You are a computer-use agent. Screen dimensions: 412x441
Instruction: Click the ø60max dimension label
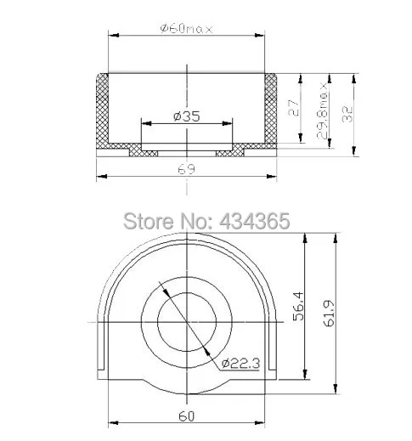click(x=186, y=29)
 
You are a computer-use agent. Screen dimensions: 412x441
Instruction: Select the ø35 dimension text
click(x=187, y=116)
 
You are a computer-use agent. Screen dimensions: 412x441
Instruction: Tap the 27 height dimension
click(x=294, y=108)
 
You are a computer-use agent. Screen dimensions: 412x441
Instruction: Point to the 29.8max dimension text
click(x=322, y=110)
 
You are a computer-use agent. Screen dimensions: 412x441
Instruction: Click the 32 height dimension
click(x=347, y=114)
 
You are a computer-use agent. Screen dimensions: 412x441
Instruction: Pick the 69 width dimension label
click(x=187, y=169)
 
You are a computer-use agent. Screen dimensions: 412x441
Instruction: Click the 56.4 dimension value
click(x=298, y=307)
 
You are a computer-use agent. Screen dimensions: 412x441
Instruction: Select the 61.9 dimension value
click(x=329, y=314)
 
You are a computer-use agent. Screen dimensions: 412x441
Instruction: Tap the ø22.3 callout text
click(x=240, y=364)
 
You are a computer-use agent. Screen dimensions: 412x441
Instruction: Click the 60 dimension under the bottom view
click(x=187, y=416)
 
